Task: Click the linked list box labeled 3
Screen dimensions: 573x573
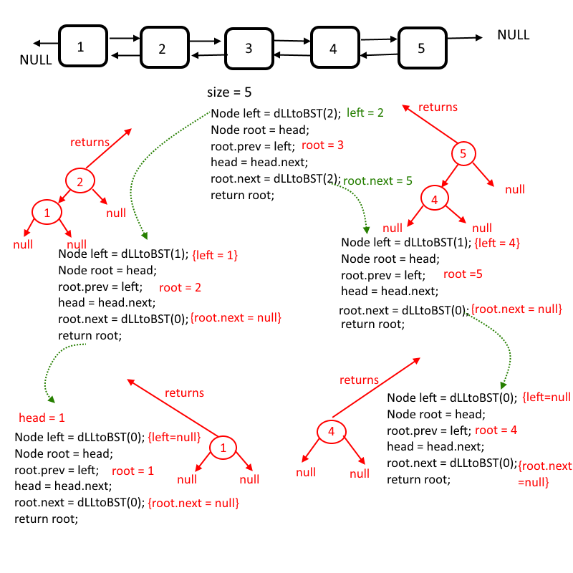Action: point(249,49)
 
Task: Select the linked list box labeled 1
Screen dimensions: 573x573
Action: point(82,47)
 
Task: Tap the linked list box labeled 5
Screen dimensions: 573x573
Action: point(421,48)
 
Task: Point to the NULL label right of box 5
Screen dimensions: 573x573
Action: point(513,35)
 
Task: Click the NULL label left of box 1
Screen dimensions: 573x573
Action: point(35,60)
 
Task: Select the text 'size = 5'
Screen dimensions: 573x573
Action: point(229,92)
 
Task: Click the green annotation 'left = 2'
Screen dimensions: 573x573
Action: point(365,112)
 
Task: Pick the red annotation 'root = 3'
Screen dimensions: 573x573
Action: point(323,145)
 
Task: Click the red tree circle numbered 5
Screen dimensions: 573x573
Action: point(463,153)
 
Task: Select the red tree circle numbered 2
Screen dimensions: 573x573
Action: point(80,182)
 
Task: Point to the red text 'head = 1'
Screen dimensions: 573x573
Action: point(42,418)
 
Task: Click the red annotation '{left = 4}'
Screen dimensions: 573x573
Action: point(496,244)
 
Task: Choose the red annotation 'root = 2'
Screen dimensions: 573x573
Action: point(180,288)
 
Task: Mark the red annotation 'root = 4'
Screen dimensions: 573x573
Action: point(496,430)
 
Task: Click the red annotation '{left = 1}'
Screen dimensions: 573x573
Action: point(215,255)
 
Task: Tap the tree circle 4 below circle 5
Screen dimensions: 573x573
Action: point(434,201)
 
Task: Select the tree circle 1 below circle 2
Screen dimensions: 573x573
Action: point(47,213)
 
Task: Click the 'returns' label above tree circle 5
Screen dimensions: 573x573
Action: point(437,107)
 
